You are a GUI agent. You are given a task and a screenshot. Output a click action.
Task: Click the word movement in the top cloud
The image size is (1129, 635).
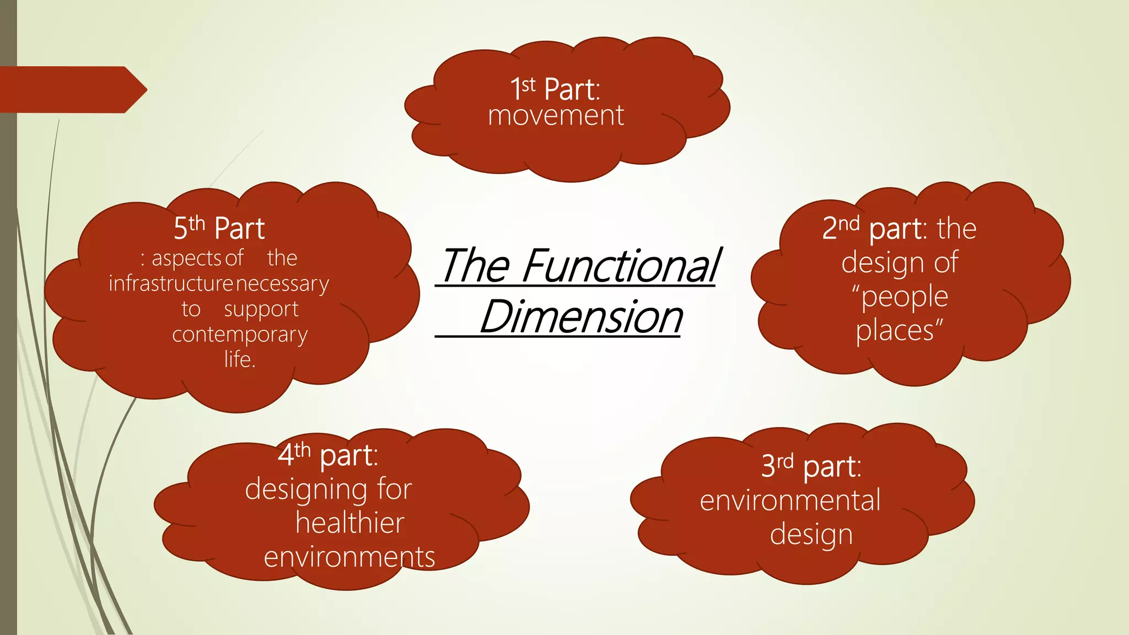(556, 116)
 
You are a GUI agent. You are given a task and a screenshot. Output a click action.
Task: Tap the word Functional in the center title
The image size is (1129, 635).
(620, 266)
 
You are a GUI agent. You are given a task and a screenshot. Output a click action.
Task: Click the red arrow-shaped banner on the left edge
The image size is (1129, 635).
(72, 89)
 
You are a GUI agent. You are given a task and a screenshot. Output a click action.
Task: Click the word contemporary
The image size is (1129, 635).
(240, 335)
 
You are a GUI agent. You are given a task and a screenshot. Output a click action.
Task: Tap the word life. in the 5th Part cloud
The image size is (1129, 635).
(239, 359)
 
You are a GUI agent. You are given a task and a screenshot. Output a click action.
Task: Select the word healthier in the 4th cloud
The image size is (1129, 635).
(350, 523)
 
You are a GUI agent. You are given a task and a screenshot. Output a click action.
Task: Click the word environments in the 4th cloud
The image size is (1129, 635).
(349, 557)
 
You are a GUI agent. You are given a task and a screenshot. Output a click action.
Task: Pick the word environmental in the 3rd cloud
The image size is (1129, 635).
(790, 501)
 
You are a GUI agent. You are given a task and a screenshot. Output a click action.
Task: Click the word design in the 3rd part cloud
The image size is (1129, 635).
(811, 535)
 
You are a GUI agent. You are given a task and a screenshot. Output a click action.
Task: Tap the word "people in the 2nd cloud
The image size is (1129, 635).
(900, 297)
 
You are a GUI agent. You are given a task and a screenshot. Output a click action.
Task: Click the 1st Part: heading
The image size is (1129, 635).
(555, 89)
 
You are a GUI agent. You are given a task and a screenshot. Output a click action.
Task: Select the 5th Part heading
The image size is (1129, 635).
(219, 228)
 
